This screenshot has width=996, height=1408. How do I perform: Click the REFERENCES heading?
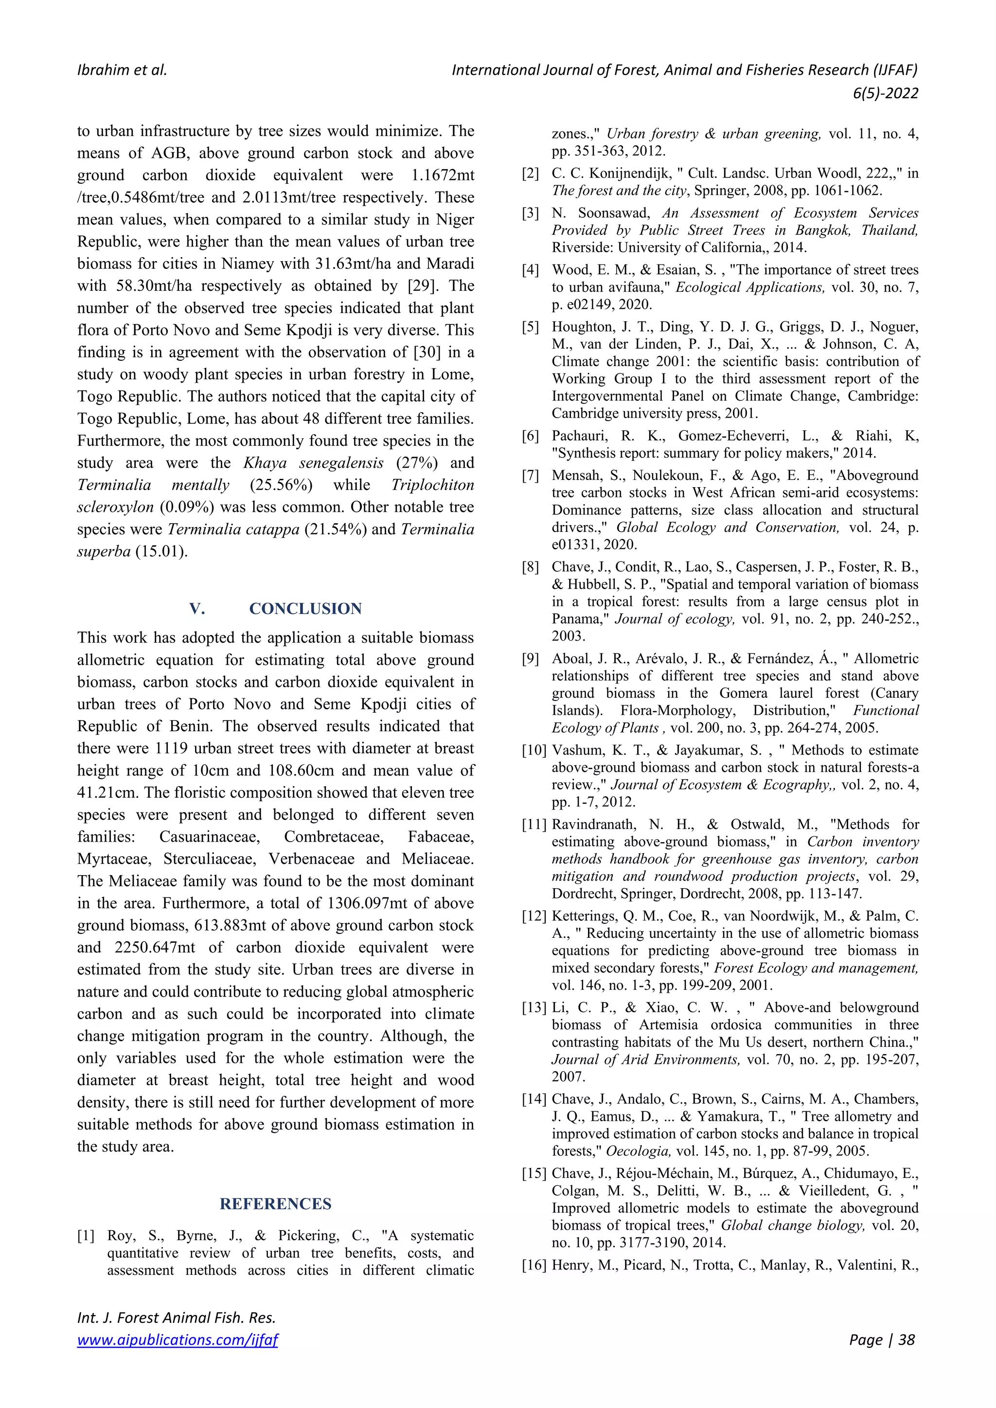[x=275, y=1204]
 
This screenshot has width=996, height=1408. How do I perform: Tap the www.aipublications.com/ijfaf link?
[x=177, y=1340]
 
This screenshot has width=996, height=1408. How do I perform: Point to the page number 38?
[x=906, y=1340]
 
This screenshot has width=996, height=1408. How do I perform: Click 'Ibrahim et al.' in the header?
[x=122, y=70]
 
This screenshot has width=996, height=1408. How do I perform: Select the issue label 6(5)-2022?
[x=885, y=93]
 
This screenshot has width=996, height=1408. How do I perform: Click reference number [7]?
[x=530, y=476]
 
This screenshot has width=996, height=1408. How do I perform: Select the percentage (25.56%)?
[x=281, y=485]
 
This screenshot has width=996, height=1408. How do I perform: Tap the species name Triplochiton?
[x=432, y=485]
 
